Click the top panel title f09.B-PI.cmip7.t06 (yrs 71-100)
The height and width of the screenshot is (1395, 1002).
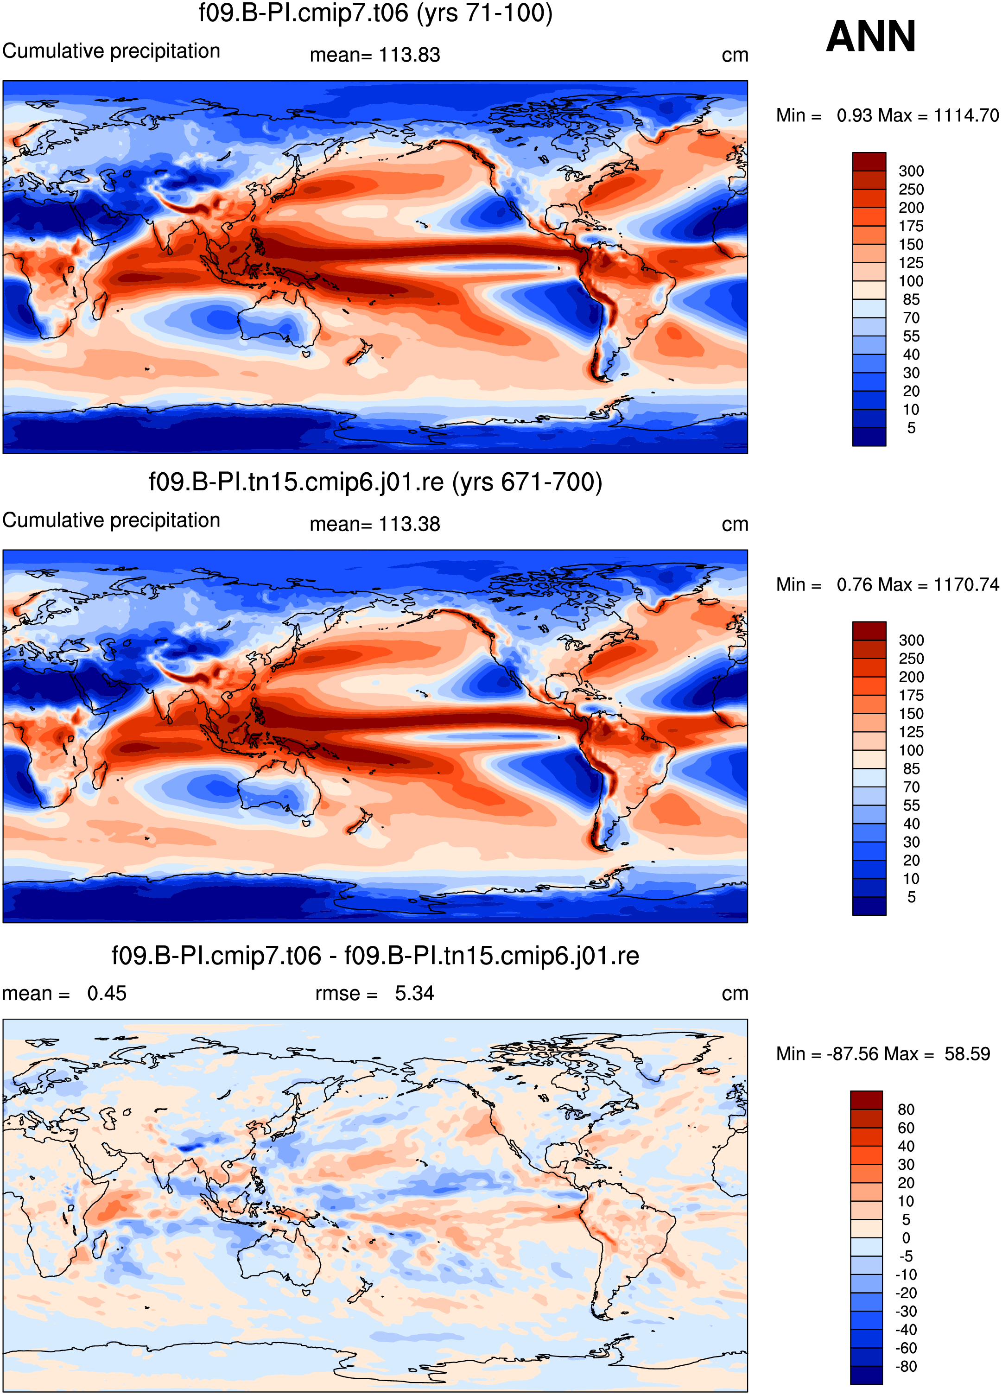coord(375,13)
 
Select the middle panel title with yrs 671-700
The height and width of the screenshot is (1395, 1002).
coord(375,482)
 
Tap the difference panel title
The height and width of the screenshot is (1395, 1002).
coord(375,956)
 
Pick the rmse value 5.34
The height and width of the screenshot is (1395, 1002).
coord(415,993)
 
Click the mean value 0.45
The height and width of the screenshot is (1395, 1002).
coord(107,993)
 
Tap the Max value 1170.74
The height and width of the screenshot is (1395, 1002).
coord(966,584)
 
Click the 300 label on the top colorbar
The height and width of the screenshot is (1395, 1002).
coord(911,171)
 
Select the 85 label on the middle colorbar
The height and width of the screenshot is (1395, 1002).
coord(911,769)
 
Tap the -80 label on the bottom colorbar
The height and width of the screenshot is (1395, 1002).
coord(906,1367)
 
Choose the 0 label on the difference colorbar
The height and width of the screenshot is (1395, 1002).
coord(906,1238)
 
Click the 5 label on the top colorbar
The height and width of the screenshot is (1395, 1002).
coord(911,428)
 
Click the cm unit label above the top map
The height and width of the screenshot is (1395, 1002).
coord(735,55)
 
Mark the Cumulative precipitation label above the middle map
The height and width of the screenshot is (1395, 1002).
coord(111,520)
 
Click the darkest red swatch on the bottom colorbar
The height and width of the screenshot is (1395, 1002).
coord(866,1100)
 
